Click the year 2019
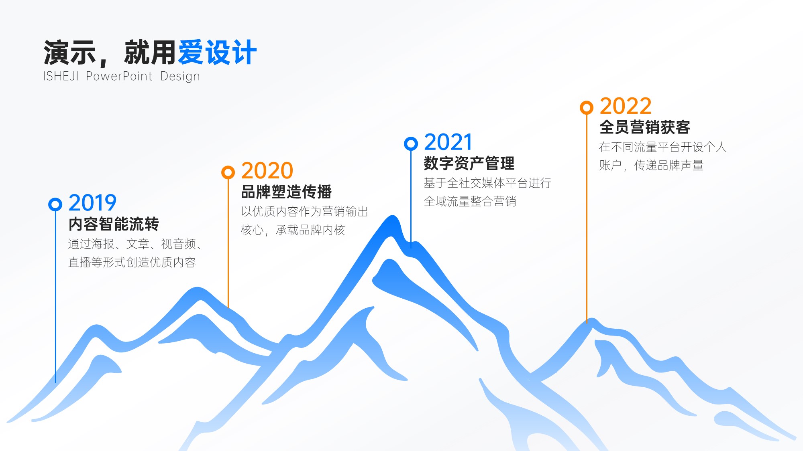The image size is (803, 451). coord(92,203)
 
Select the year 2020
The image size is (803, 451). coord(267,171)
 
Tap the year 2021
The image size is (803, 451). coord(448,142)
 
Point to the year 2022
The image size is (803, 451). coord(626,106)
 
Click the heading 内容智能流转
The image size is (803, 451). coord(114,224)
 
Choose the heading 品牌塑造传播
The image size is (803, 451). coord(286,192)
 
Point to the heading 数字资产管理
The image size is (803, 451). coord(469,163)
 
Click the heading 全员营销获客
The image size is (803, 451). coord(645,127)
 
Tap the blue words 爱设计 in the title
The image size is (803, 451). coord(217,53)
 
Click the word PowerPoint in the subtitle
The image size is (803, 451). coord(119,76)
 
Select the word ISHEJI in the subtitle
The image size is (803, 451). coord(61,76)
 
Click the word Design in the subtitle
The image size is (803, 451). coord(180,77)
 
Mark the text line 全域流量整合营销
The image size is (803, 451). coord(470,201)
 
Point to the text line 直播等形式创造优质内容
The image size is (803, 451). coord(132,262)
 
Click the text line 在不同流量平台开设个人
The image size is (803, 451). coord(663,147)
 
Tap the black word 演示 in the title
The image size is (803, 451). coord(69,53)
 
